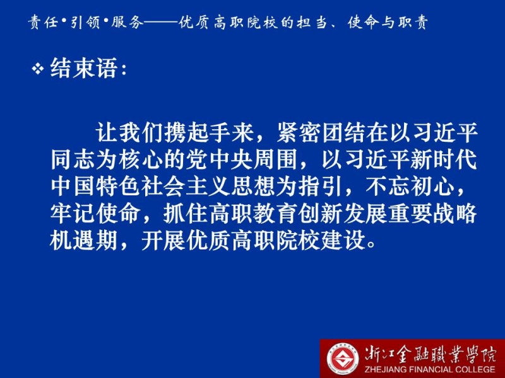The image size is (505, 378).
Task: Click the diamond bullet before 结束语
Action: (x=38, y=69)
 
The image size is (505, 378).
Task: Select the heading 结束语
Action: (x=83, y=69)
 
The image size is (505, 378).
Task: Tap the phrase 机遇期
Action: (x=84, y=240)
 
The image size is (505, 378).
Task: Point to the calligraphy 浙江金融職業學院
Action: (x=431, y=354)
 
